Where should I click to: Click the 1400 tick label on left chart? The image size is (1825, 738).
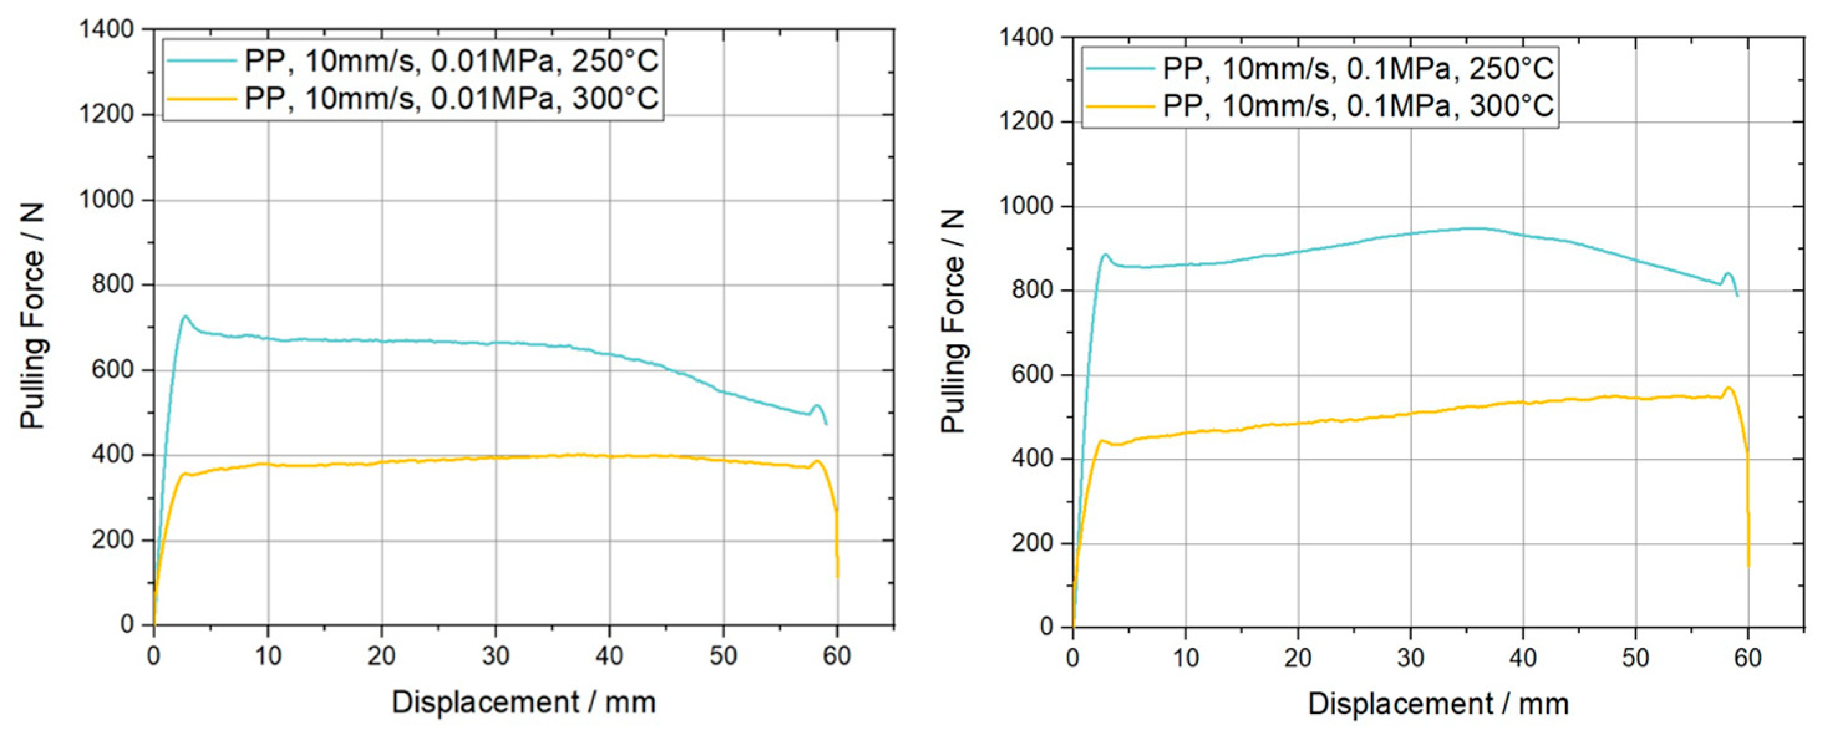coord(106,30)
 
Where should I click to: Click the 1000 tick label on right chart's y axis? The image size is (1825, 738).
coord(1025,207)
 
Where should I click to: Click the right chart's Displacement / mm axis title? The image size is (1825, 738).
coord(1438,704)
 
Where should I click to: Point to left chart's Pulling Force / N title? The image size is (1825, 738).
coord(32,317)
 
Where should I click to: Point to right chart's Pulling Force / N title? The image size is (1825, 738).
coord(953,321)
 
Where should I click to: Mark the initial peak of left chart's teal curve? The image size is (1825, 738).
coord(185,317)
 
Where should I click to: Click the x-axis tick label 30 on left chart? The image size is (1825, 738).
coord(495,656)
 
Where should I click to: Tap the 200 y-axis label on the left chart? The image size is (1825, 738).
coord(113,540)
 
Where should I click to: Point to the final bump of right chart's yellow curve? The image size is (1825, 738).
coord(1728,388)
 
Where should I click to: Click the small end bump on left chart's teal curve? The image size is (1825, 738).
coord(817,405)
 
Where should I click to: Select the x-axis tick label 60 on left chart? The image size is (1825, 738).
coord(837,656)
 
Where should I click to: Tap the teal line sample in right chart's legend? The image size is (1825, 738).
coord(1120,68)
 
